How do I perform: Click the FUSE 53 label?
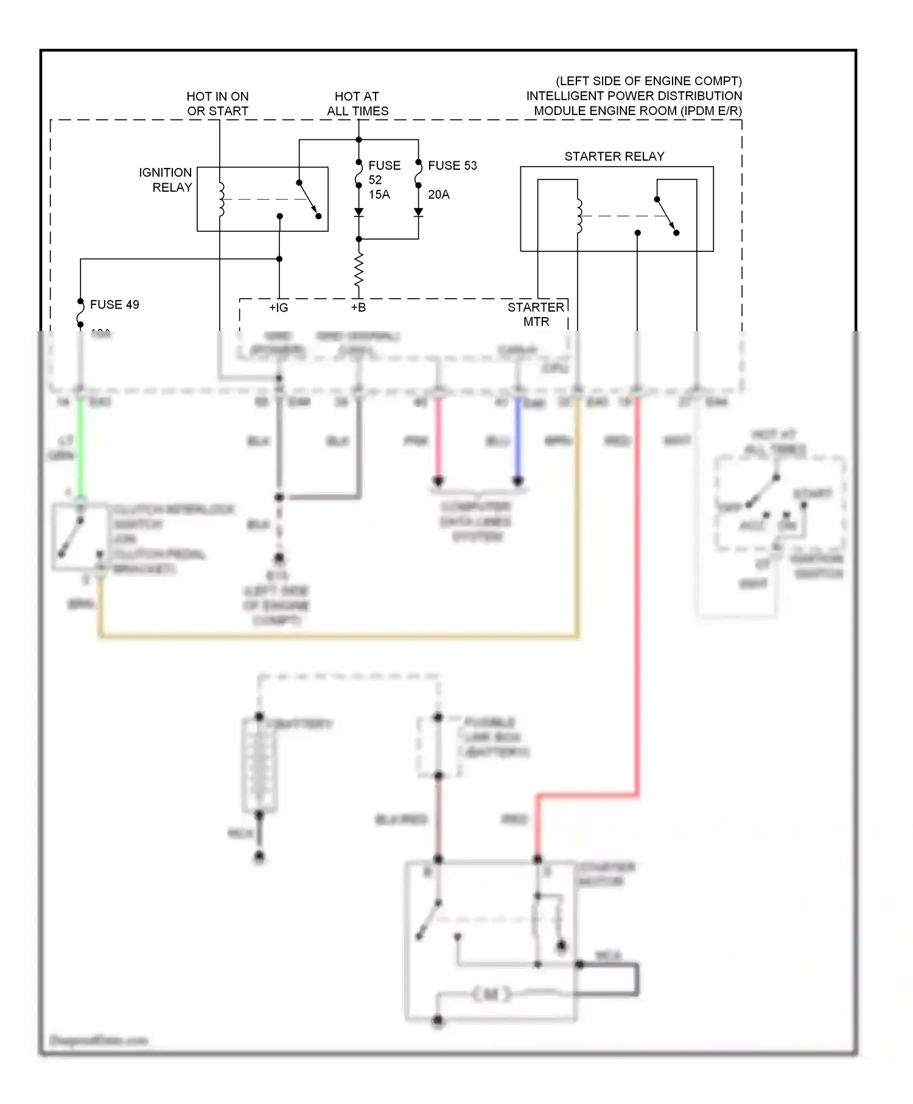pos(452,166)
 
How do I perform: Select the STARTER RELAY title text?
pos(614,156)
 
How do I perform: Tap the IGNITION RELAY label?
pos(165,180)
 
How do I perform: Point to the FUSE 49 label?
pos(114,304)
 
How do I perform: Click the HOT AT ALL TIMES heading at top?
pos(357,103)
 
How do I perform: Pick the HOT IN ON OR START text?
pos(217,103)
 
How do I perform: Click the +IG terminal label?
pos(279,308)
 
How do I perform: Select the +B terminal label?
pos(359,308)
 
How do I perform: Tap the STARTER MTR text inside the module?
pos(536,314)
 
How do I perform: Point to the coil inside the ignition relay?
pos(222,199)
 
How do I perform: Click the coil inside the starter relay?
pos(579,216)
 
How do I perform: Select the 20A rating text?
pos(439,195)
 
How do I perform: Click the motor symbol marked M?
pos(492,994)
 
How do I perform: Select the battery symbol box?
pos(260,766)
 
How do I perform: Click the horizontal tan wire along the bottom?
pos(338,637)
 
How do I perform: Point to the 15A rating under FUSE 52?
pos(379,195)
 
